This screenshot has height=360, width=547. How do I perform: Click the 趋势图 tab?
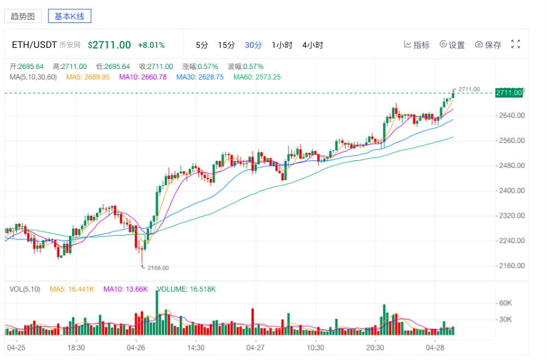tap(23, 16)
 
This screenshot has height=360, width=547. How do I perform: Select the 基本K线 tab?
tap(70, 16)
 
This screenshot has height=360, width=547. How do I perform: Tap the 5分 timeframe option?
tap(202, 45)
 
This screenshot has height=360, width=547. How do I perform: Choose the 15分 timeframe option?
tap(227, 45)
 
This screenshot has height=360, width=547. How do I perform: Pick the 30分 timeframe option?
tap(253, 45)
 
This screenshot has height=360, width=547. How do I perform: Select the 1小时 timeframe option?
tap(282, 45)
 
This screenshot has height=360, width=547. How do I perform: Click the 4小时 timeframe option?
tap(312, 45)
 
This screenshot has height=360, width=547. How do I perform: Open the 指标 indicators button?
tap(417, 45)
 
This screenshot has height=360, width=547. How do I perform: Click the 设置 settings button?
tap(452, 45)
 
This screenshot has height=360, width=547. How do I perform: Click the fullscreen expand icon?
tap(515, 44)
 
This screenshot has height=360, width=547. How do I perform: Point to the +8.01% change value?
tap(151, 45)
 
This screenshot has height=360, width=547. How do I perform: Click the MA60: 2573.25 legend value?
tap(257, 77)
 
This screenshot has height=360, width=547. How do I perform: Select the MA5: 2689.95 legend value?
tap(88, 77)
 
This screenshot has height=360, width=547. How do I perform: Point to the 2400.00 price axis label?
tap(512, 190)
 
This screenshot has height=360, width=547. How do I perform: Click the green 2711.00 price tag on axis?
tap(509, 93)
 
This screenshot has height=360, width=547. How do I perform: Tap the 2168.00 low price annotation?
tap(157, 268)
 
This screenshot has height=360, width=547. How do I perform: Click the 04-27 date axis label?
tap(256, 348)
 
